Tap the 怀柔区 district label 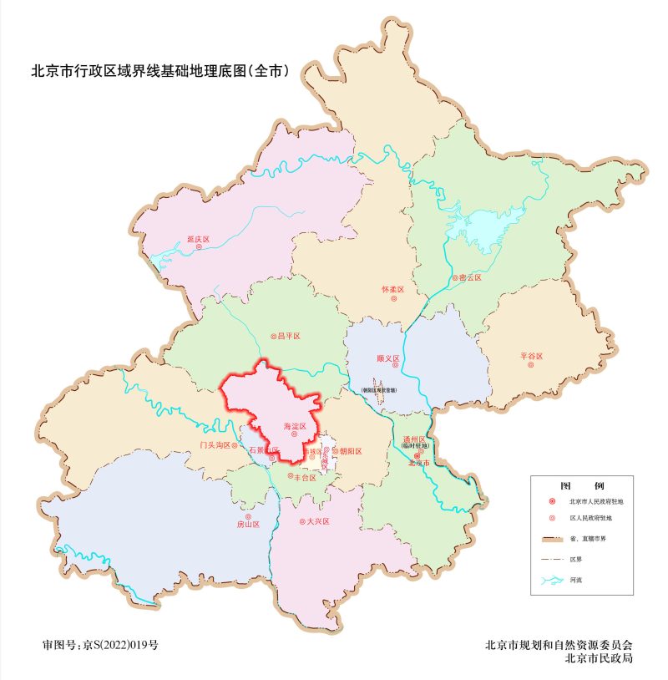(392, 290)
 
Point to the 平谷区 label (532, 357)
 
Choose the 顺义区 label (388, 358)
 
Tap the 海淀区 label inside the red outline (295, 426)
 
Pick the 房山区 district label (248, 525)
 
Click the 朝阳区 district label (350, 451)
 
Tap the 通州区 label (415, 439)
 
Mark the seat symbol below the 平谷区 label (531, 366)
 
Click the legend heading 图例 (581, 485)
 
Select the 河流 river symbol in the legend (552, 579)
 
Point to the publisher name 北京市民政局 (599, 658)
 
